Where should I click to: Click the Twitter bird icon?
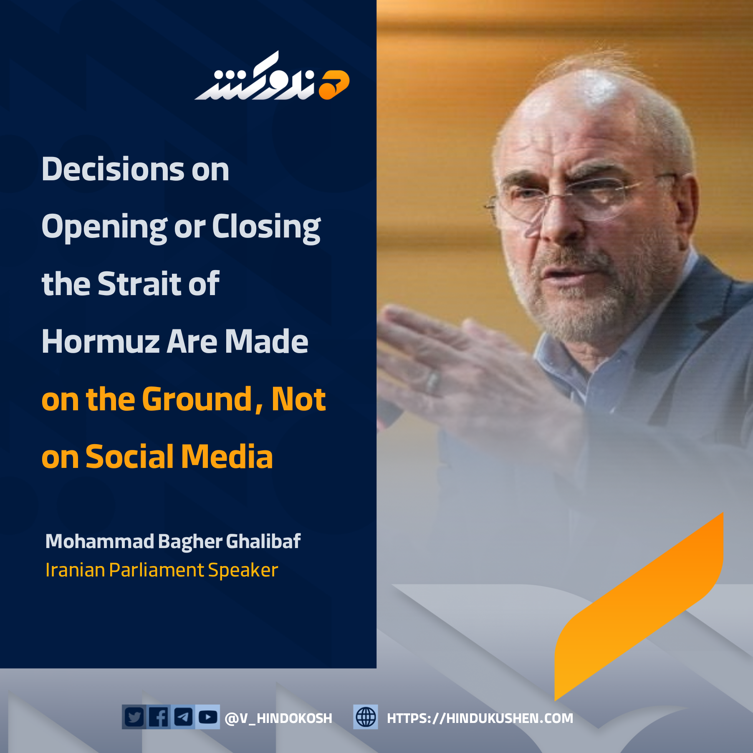(x=134, y=717)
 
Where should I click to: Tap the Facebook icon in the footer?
(x=159, y=717)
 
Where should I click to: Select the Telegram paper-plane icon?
(x=183, y=717)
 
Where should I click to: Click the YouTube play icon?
(x=207, y=717)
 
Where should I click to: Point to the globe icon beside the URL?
(x=366, y=717)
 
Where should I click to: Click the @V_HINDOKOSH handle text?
(x=278, y=718)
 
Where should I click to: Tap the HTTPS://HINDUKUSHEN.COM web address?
(x=480, y=718)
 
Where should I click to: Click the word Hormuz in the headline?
(x=101, y=341)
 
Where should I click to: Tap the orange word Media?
(x=227, y=457)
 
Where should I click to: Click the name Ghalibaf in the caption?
(x=263, y=541)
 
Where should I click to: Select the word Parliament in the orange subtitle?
(x=157, y=571)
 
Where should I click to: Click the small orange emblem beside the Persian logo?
(x=334, y=85)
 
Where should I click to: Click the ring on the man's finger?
(x=432, y=382)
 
